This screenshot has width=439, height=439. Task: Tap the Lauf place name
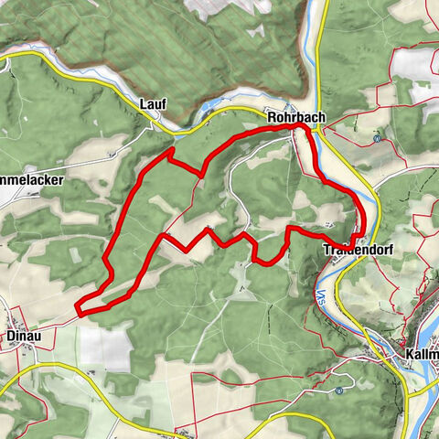(153, 105)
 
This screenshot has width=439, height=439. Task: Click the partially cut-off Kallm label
(423, 354)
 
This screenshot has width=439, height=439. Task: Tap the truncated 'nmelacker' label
(31, 180)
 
